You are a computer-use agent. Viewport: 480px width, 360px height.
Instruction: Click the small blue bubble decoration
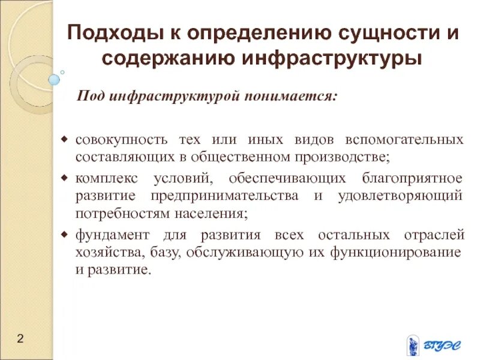point(55,79)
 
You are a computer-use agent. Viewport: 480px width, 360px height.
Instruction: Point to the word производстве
point(344,157)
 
